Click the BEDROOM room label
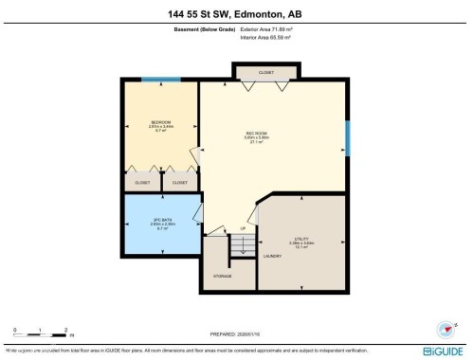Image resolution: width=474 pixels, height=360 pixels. point(161,122)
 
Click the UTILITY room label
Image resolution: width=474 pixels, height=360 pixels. point(301,238)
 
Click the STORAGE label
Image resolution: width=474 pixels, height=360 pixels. point(223,276)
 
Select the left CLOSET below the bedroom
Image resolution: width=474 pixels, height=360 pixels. point(143,182)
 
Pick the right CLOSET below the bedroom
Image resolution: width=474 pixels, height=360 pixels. point(180,182)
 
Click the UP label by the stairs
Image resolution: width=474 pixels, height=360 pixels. point(243,229)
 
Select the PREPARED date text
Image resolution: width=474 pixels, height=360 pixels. point(237,333)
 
